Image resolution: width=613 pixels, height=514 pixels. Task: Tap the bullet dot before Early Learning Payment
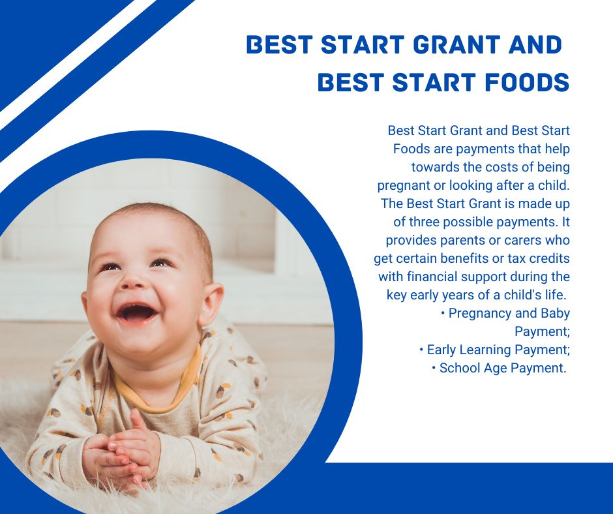[x=421, y=350]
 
